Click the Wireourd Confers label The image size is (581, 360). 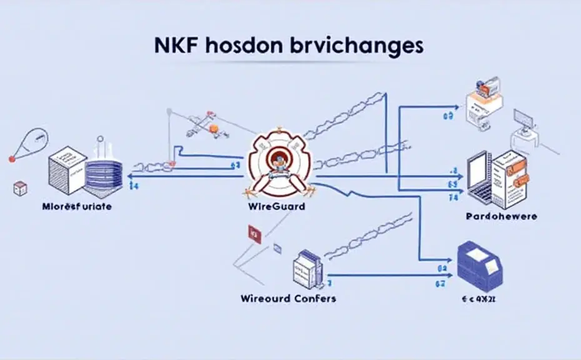point(288,298)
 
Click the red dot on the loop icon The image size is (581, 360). point(11,160)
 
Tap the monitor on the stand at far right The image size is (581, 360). point(522,118)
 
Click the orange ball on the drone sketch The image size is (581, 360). point(214,128)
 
